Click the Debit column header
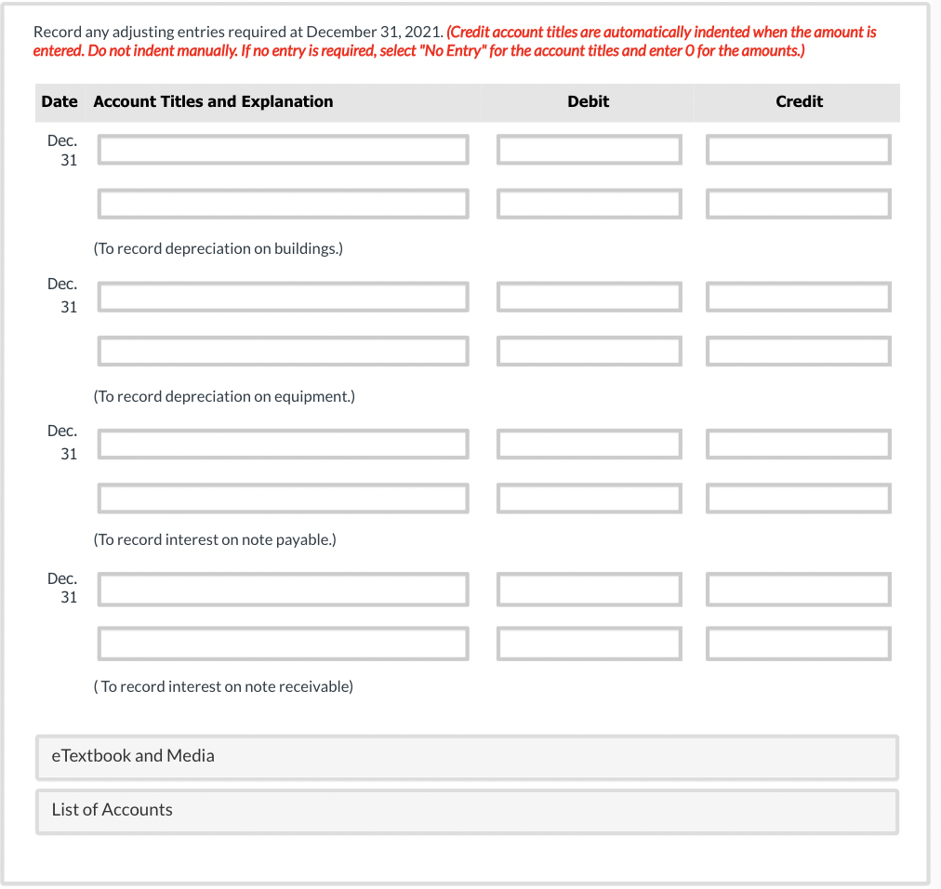[x=588, y=101]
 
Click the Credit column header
[x=799, y=101]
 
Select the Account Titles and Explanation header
[x=213, y=101]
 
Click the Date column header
[x=60, y=101]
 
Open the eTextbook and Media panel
[x=467, y=756]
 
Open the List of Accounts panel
[x=467, y=810]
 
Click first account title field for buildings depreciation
[x=284, y=150]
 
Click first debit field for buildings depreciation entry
[x=589, y=150]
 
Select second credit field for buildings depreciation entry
[x=798, y=204]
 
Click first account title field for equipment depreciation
[x=284, y=297]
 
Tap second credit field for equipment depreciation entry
[x=798, y=351]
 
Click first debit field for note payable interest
[x=589, y=444]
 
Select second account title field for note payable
[x=284, y=498]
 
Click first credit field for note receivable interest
[x=798, y=589]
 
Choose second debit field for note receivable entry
[x=589, y=643]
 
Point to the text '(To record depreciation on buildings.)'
[x=218, y=249]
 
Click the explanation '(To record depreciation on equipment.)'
[x=223, y=396]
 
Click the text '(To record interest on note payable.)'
[x=214, y=539]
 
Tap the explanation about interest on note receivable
[x=223, y=686]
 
